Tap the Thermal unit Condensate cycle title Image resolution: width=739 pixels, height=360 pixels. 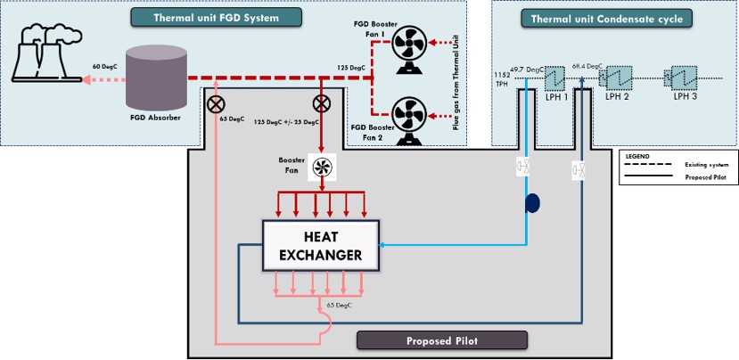point(614,18)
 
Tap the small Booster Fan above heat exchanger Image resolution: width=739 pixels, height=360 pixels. point(321,168)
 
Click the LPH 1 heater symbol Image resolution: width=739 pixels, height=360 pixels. point(555,78)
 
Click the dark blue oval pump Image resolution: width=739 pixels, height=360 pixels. point(533,203)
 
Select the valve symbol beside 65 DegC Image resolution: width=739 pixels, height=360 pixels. point(216,104)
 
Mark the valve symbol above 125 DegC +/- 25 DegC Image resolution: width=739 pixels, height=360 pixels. point(321,104)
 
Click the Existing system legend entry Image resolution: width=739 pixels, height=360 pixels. point(700,165)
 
